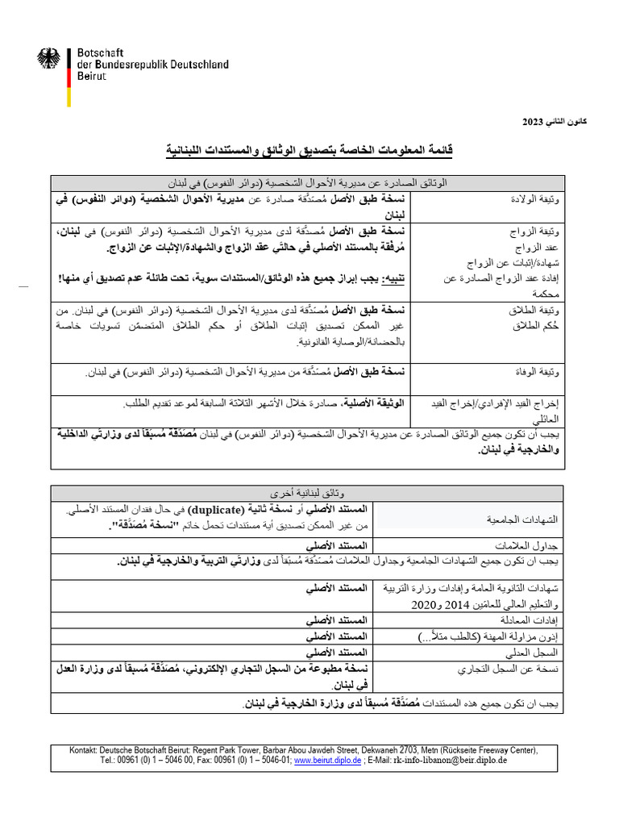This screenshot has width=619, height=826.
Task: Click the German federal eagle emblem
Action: pos(48,59)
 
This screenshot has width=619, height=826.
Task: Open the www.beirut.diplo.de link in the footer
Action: pos(328,760)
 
